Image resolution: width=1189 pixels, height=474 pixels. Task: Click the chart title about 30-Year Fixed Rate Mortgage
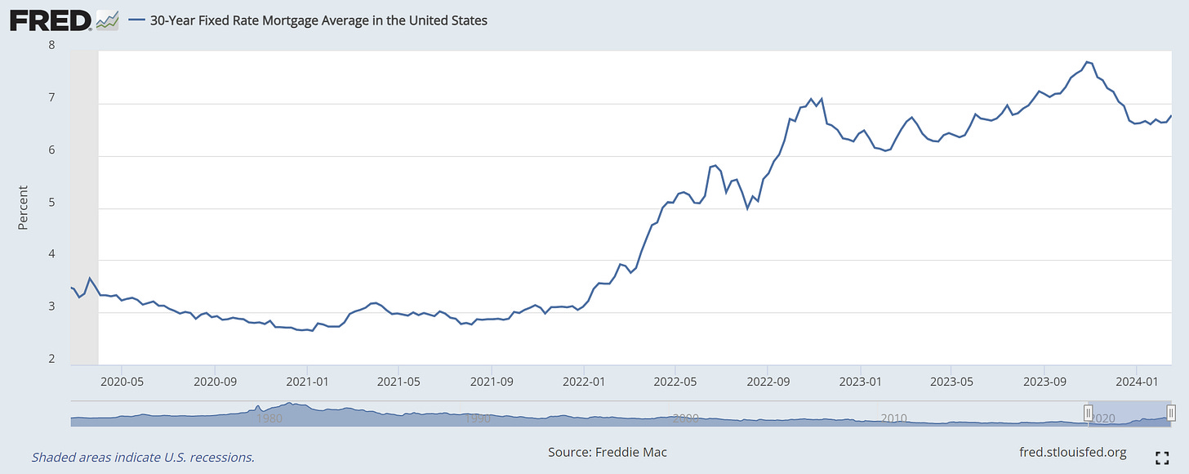[x=318, y=20]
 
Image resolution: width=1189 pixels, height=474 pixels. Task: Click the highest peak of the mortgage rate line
[x=1087, y=61]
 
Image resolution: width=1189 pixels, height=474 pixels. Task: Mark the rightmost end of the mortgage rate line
[x=1171, y=116]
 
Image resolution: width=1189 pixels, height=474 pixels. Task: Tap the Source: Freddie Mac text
[x=608, y=452]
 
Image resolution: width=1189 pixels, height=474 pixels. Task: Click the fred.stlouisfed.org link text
[x=1073, y=452]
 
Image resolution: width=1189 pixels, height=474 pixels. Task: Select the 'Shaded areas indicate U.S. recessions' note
[x=143, y=457]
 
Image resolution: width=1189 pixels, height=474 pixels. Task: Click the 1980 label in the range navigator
[x=269, y=418]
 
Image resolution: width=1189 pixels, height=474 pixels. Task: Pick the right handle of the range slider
[x=1171, y=414]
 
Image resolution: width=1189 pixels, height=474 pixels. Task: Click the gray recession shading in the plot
[x=84, y=204]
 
